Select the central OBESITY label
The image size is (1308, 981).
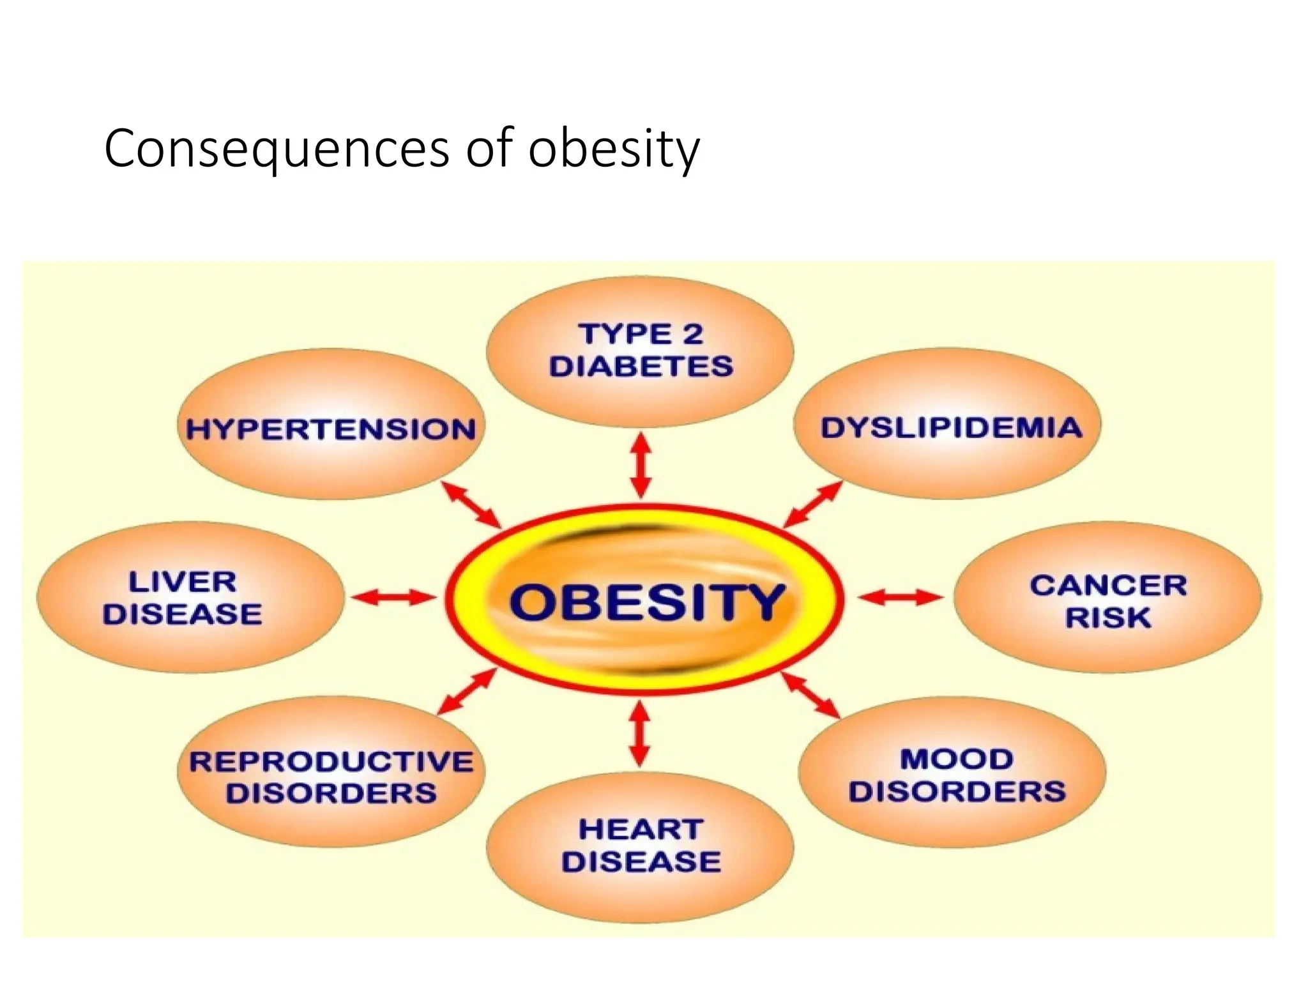(x=646, y=602)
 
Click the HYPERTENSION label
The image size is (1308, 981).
(x=331, y=429)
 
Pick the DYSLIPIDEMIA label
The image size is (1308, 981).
(x=952, y=428)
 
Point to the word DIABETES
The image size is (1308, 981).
(x=641, y=367)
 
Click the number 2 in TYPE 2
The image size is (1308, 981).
(x=691, y=334)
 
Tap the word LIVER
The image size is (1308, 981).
(x=183, y=582)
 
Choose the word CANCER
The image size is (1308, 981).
(x=1108, y=585)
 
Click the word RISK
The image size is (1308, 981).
(x=1108, y=618)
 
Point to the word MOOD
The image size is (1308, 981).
(x=957, y=759)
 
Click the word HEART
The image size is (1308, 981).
(x=641, y=830)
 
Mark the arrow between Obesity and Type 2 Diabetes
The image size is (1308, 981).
(x=641, y=466)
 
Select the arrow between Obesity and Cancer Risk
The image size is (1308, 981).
(x=900, y=598)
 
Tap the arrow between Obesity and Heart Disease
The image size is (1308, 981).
(x=640, y=734)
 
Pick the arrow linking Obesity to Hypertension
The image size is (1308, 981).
(x=471, y=505)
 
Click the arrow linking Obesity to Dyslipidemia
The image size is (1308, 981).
(x=812, y=505)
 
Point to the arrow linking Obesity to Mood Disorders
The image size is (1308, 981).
(x=810, y=695)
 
